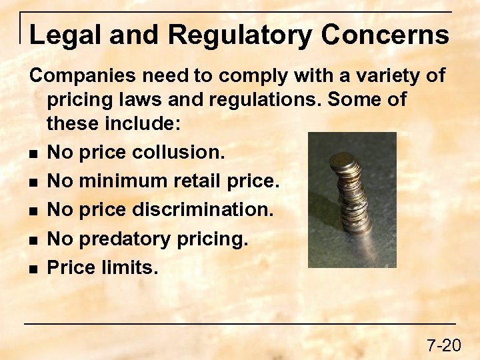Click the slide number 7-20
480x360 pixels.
pos(443,345)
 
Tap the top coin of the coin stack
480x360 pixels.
pos(344,160)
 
